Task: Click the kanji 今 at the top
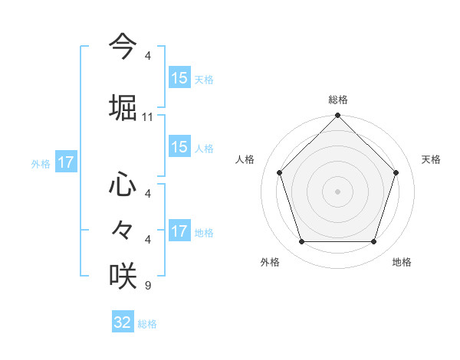point(123,46)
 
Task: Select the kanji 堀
point(123,106)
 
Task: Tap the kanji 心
point(123,184)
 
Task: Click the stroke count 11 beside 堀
point(148,117)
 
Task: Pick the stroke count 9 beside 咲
point(148,286)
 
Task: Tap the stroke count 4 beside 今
point(148,56)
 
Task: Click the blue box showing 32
point(123,322)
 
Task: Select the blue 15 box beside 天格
point(179,77)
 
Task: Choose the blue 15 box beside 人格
point(179,147)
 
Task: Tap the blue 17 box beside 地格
point(179,231)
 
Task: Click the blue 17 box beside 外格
point(65,162)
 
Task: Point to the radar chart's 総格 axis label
point(338,100)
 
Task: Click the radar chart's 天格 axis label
point(432,159)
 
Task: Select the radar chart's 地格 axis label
point(402,262)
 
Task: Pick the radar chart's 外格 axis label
point(270,262)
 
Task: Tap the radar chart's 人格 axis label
point(245,159)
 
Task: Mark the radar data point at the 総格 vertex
point(337,116)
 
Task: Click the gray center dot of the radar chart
point(337,191)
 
